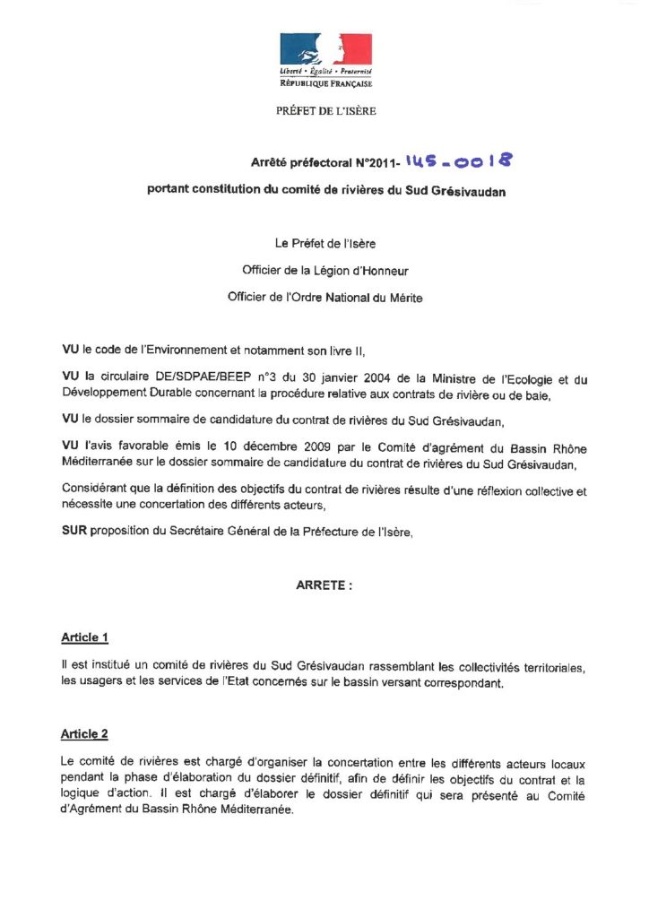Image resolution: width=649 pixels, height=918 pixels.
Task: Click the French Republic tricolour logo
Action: tap(325, 48)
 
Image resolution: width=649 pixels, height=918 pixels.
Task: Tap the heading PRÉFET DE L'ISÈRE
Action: tap(325, 111)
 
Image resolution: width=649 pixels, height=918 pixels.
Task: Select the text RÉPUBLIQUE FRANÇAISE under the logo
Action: tap(325, 83)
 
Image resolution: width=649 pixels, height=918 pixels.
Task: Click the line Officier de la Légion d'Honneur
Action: tap(325, 269)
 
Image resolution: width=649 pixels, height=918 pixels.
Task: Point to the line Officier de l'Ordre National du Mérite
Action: tap(325, 297)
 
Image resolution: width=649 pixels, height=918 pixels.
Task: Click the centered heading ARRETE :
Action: tap(324, 585)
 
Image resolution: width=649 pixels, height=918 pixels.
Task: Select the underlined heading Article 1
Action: tap(84, 637)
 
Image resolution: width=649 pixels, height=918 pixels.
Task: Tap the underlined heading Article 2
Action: tap(84, 734)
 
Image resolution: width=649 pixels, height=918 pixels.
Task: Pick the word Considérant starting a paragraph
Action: tap(95, 488)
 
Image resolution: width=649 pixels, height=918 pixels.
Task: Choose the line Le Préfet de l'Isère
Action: tap(324, 242)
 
